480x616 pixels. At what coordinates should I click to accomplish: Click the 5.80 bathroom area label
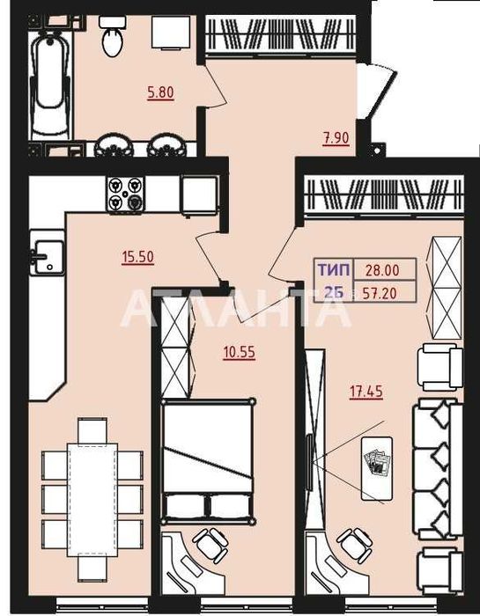[160, 92]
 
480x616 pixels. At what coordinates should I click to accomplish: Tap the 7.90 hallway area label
[336, 138]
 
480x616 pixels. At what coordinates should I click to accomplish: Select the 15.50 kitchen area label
[137, 257]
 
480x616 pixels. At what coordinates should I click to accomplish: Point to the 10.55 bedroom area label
[239, 352]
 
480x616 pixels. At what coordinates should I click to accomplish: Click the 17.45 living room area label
[366, 392]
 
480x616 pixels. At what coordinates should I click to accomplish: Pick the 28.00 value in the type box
[382, 270]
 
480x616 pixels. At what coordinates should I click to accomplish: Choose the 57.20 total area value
[380, 293]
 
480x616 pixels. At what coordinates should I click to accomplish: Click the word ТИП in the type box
[334, 270]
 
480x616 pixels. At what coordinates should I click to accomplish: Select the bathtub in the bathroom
[50, 85]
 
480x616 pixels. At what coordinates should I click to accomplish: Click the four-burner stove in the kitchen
[125, 194]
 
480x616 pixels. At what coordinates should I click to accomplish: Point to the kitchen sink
[48, 254]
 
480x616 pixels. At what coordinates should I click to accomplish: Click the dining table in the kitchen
[92, 499]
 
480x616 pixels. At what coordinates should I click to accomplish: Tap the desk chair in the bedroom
[211, 544]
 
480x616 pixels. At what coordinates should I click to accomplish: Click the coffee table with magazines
[377, 468]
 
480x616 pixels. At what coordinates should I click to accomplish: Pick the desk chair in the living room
[355, 544]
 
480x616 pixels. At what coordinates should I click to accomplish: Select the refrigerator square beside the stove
[199, 195]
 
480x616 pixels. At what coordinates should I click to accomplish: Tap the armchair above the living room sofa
[439, 367]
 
